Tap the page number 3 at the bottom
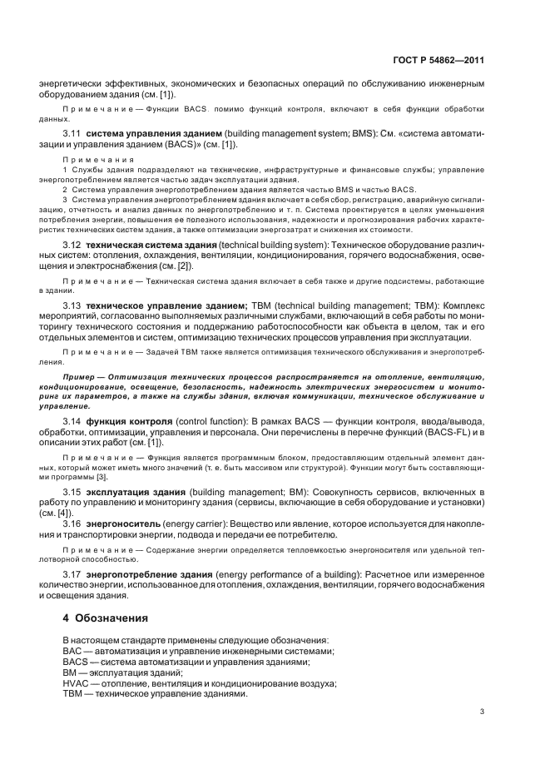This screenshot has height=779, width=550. click(x=482, y=710)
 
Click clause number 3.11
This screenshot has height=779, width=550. click(x=73, y=134)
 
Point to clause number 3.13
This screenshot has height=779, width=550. click(x=73, y=306)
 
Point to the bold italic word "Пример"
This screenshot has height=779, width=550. click(x=80, y=377)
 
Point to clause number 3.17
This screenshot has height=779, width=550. click(x=73, y=574)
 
